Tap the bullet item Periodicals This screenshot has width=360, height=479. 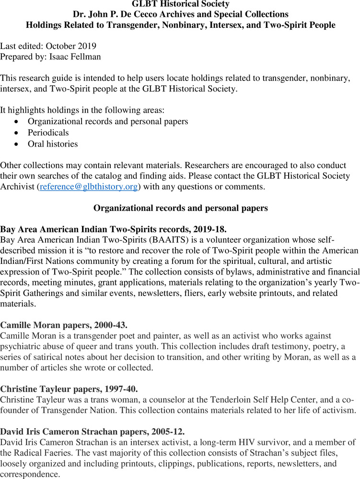[x=48, y=133]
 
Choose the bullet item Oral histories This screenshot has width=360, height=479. [x=53, y=144]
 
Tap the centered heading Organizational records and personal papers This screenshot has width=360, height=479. [x=180, y=208]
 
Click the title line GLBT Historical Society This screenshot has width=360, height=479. [x=180, y=4]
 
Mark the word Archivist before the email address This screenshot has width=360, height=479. [x=18, y=187]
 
